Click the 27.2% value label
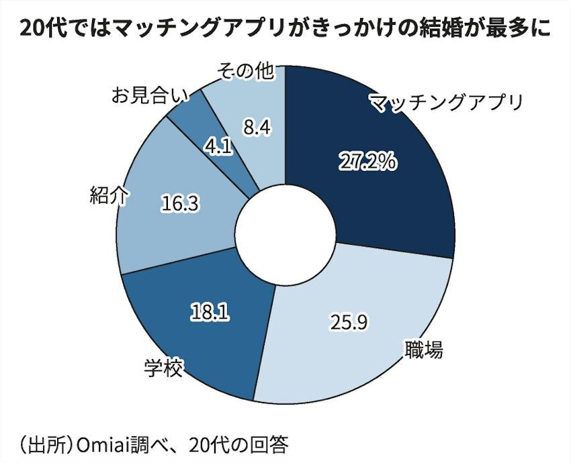tap(367, 162)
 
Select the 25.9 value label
tap(349, 322)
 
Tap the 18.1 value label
tap(210, 312)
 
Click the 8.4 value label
tap(257, 127)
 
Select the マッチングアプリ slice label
tap(446, 103)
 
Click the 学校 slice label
tap(163, 368)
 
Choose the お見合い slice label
tap(150, 95)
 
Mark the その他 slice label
tap(245, 71)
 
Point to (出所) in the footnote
tap(44, 445)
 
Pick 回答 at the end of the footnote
tap(269, 444)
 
